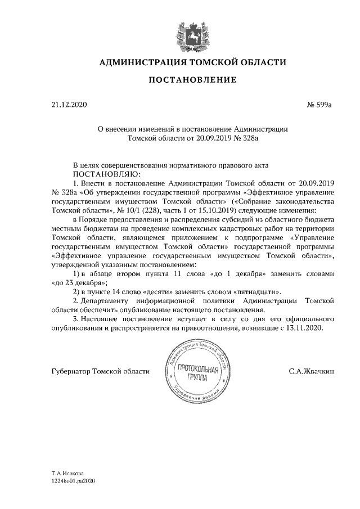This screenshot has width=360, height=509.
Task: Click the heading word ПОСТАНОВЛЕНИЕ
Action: coord(192,80)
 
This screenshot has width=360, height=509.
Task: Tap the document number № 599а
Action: coord(320,105)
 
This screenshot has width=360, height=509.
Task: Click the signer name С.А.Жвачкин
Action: coord(311,371)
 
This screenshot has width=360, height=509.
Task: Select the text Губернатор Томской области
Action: coord(100,371)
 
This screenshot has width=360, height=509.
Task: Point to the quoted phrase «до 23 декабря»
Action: coord(78,282)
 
